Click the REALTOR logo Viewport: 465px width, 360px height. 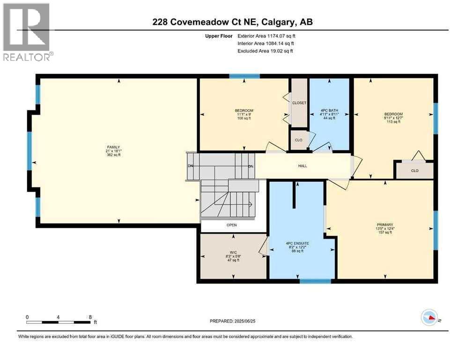pyautogui.click(x=27, y=32)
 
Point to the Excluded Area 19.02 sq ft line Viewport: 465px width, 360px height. pyautogui.click(x=265, y=51)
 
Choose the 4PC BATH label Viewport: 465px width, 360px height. pyautogui.click(x=329, y=111)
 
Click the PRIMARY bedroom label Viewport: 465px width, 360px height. pyautogui.click(x=384, y=225)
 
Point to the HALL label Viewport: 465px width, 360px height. pyautogui.click(x=303, y=166)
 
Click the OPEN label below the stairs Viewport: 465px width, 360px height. pyautogui.click(x=231, y=225)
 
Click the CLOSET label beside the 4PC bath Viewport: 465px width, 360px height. pyautogui.click(x=299, y=103)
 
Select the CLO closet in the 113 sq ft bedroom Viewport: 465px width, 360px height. pyautogui.click(x=414, y=171)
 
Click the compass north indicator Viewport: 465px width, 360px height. pyautogui.click(x=428, y=317)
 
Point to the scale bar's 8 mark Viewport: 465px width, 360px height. pyautogui.click(x=89, y=317)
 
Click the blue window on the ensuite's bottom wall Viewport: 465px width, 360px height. pyautogui.click(x=315, y=281)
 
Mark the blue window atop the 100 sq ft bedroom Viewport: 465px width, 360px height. pyautogui.click(x=244, y=75)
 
